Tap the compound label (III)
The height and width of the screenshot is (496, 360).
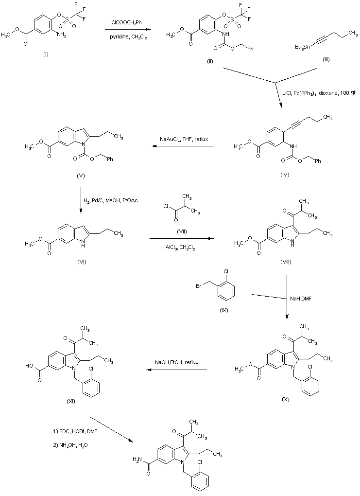click(x=326, y=59)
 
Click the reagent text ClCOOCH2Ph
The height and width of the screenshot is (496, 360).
click(x=128, y=22)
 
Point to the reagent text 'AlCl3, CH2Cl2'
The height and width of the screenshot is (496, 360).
click(x=181, y=247)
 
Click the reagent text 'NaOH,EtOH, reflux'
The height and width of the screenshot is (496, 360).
click(x=177, y=363)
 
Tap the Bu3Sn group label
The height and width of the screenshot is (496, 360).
click(x=302, y=47)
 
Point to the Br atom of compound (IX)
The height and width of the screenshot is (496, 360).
click(x=199, y=287)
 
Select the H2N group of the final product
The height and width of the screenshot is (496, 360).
click(x=137, y=458)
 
